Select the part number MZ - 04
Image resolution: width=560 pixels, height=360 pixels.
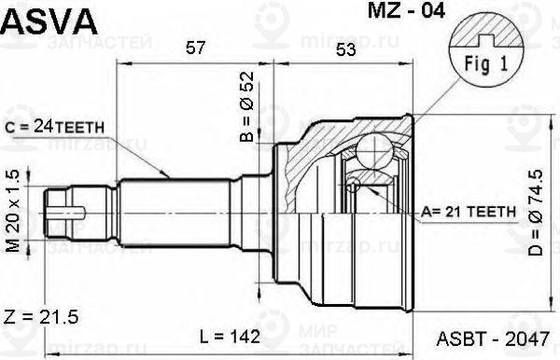406,10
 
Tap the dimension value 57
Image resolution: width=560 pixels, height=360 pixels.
196,48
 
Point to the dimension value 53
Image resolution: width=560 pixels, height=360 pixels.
345,49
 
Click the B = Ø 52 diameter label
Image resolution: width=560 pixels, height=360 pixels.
247,107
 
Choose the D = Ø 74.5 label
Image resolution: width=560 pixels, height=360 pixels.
536,213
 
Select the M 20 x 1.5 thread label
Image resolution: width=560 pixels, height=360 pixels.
13,211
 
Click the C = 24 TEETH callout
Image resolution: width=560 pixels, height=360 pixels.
54,127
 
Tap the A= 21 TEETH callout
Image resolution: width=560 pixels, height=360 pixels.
469,212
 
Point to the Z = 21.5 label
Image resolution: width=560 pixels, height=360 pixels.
40,317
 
